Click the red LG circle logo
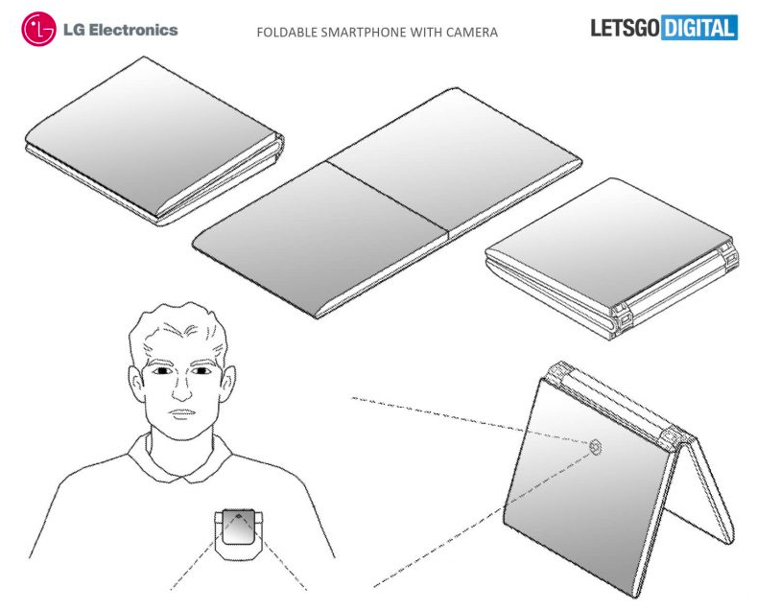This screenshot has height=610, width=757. point(38,30)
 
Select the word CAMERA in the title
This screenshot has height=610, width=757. point(472,33)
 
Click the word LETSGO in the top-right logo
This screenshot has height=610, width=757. point(625,28)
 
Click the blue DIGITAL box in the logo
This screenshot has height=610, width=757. point(699,28)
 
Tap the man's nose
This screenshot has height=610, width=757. point(181,389)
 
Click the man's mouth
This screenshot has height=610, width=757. point(182,414)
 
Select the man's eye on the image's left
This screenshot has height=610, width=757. point(161,370)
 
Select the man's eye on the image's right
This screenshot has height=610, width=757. point(201,370)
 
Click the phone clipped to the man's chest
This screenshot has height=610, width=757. point(239,532)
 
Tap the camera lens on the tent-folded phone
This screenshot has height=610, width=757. point(596,447)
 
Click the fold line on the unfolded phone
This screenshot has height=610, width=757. point(388,199)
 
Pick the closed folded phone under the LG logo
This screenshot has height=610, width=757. point(154,141)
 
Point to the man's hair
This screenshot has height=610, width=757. point(177,328)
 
